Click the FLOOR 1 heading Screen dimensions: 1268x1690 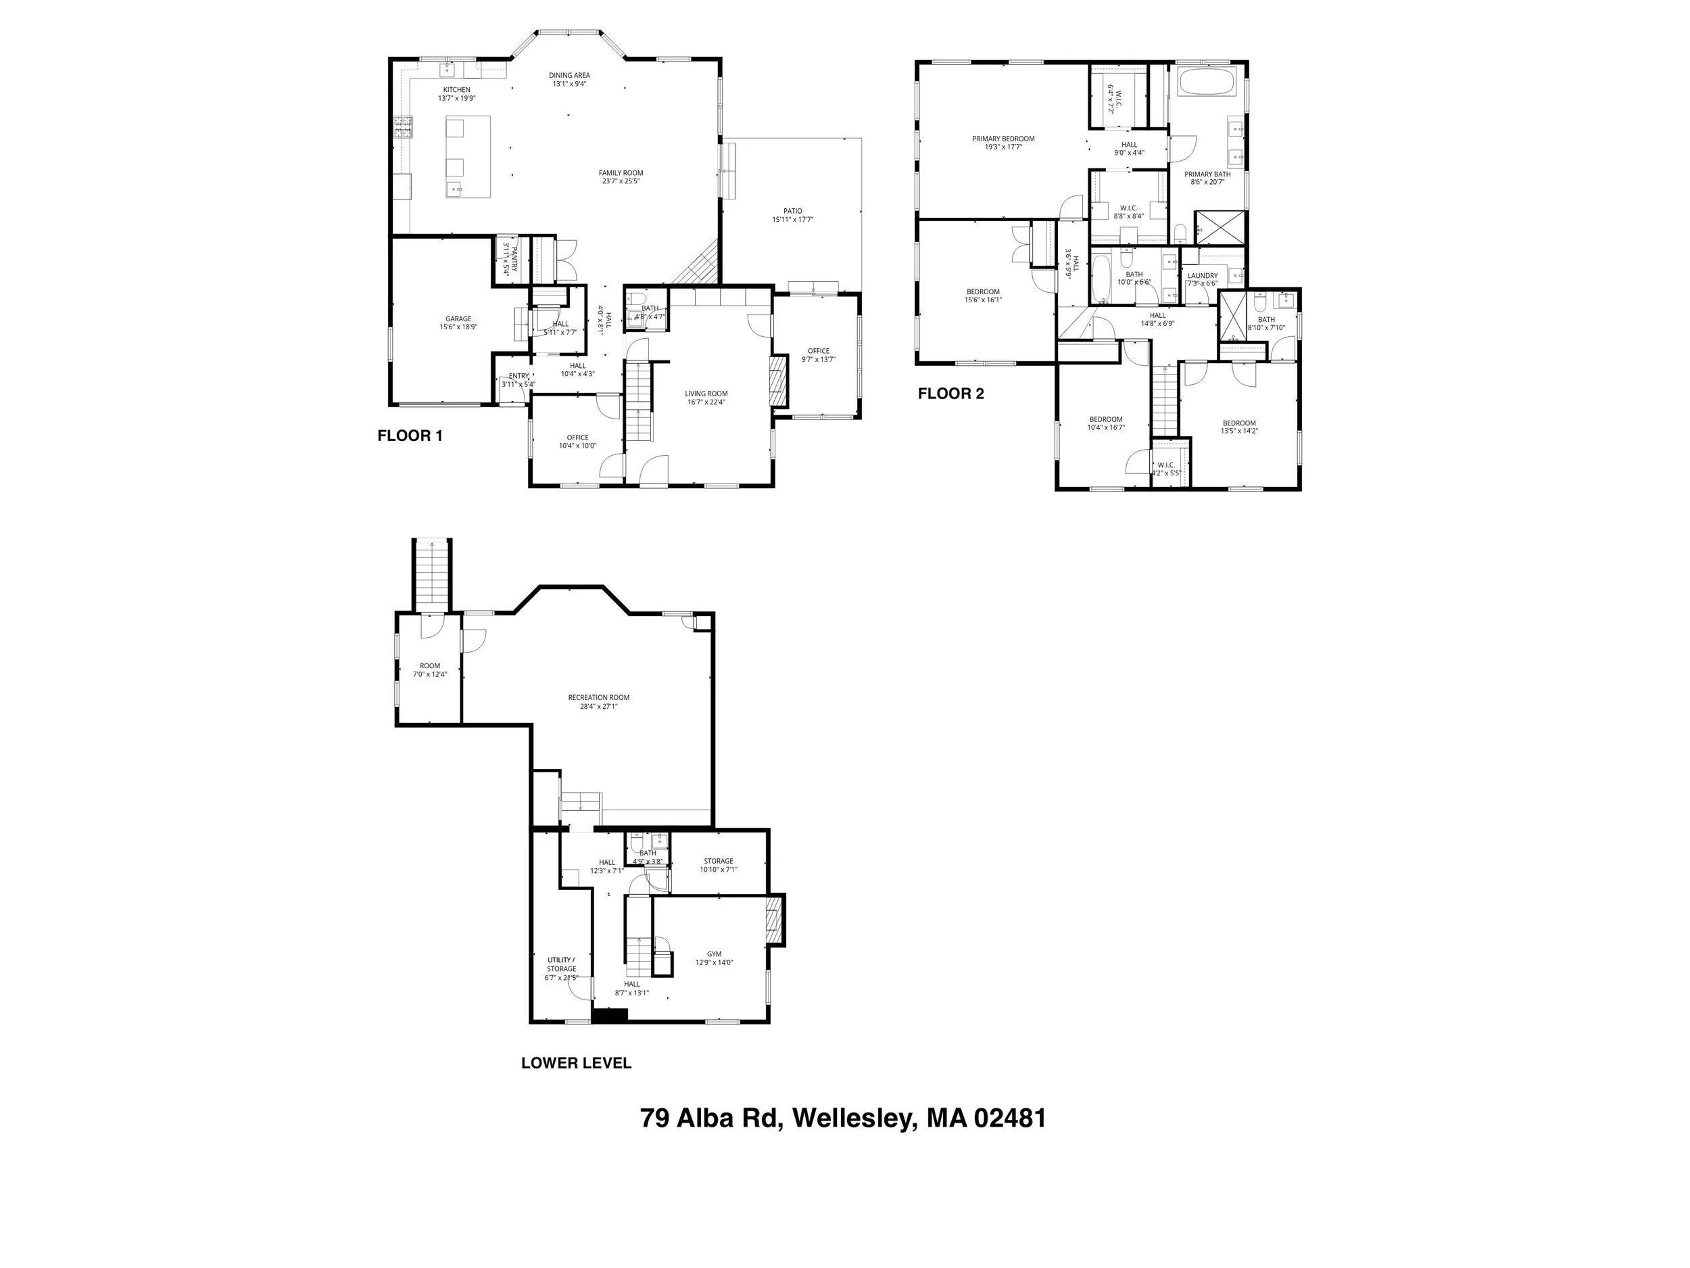click(x=410, y=436)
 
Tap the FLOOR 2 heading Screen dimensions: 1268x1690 click(x=950, y=394)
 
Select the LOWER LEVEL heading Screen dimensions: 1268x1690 click(x=576, y=1062)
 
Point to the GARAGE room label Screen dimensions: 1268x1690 click(x=458, y=319)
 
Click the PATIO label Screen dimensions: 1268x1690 click(x=792, y=211)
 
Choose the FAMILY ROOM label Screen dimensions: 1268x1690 click(x=621, y=172)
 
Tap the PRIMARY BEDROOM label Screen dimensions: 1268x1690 click(x=1003, y=139)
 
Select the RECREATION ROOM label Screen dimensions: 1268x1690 click(x=598, y=697)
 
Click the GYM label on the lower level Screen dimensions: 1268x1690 click(x=714, y=954)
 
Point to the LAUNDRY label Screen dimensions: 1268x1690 click(x=1203, y=275)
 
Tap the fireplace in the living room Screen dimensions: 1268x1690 click(x=777, y=383)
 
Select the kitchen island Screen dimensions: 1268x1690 click(x=468, y=158)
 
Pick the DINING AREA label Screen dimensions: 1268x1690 click(x=569, y=76)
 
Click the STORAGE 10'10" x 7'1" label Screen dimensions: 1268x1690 click(x=718, y=862)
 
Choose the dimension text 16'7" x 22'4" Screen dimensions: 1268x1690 click(x=705, y=402)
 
